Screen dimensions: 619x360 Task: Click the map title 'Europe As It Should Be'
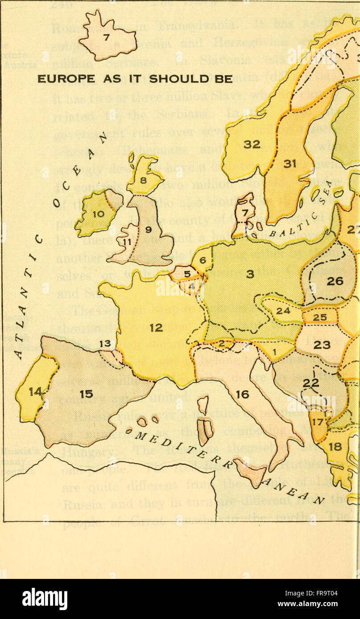click(x=135, y=79)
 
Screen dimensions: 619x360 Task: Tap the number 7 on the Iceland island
click(x=106, y=38)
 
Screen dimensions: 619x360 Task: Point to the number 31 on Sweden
click(x=290, y=164)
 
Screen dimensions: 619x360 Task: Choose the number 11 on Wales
click(x=128, y=242)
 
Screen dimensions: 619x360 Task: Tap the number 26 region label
click(x=335, y=281)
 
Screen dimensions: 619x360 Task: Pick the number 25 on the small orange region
click(x=320, y=317)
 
